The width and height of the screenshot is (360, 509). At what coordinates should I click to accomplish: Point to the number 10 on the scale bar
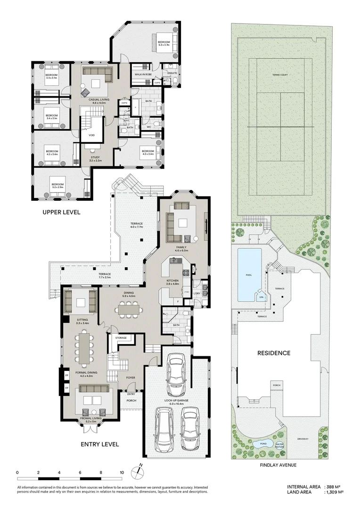pyautogui.click(x=122, y=472)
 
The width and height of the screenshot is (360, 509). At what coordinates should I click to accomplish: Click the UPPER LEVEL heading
pyautogui.click(x=61, y=212)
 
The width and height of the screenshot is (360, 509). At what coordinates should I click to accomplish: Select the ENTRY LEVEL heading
pyautogui.click(x=99, y=444)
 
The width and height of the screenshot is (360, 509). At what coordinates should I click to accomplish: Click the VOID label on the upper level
pyautogui.click(x=91, y=136)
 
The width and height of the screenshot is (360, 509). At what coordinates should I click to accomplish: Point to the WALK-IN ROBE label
pyautogui.click(x=142, y=74)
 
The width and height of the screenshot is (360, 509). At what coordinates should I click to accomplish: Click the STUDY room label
pyautogui.click(x=95, y=158)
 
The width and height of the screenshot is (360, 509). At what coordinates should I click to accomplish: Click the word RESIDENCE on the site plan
pyautogui.click(x=273, y=353)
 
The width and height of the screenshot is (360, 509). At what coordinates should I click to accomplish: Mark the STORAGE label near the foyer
pyautogui.click(x=121, y=338)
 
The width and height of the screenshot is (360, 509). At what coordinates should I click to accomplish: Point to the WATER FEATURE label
pyautogui.click(x=279, y=444)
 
